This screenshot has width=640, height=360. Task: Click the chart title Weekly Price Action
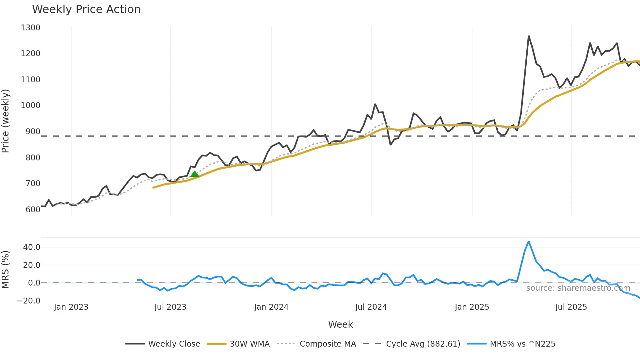86,9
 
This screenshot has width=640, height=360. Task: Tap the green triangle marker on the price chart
195,174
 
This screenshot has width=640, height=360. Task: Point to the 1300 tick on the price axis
30,28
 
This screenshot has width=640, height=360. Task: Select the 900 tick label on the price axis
33,132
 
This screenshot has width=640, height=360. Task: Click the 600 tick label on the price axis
33,209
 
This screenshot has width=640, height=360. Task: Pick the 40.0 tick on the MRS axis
32,247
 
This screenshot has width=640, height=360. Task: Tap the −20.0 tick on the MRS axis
29,301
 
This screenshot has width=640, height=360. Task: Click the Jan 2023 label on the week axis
71,307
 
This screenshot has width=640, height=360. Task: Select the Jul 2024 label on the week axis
371,307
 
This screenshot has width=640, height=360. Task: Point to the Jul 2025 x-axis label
571,307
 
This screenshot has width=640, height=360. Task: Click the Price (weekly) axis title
6,121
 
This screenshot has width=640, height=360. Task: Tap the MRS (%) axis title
6,270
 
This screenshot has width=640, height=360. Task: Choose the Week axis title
340,324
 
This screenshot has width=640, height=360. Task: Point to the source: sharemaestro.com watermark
578,288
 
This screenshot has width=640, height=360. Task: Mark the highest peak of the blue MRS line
529,242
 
